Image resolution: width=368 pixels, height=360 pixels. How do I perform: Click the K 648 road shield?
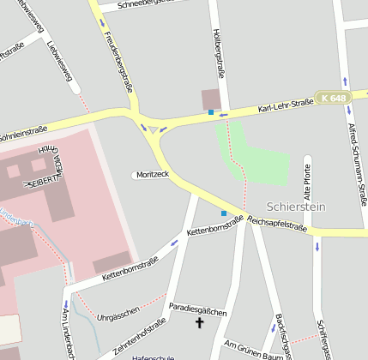coord(333,99)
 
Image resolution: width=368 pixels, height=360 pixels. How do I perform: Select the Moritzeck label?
coord(151,174)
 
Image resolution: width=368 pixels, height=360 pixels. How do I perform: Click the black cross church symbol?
coord(201,323)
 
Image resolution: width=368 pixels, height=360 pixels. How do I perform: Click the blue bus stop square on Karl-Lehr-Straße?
coord(211,112)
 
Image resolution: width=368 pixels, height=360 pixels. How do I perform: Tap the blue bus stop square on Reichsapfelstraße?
coord(224,213)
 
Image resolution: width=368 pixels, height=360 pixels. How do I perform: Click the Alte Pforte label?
coord(308,181)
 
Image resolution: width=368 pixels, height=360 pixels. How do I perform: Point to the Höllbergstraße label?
coord(217,53)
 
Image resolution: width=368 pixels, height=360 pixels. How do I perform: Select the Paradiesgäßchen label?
coord(197,306)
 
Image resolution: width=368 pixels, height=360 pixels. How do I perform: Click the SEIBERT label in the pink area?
coord(43,183)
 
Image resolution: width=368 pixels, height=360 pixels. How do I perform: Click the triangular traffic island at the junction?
coord(154,129)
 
